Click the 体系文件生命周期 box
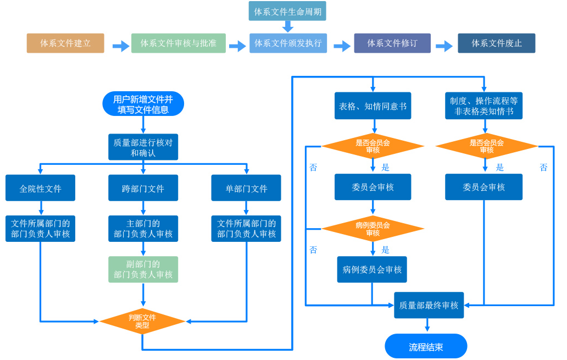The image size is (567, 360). click(287, 11)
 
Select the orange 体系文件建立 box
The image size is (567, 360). click(65, 43)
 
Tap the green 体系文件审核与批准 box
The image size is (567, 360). click(179, 43)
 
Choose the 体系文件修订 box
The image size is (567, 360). click(392, 43)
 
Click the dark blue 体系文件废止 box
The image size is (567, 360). click(497, 43)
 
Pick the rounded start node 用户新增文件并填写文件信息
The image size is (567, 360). click(143, 104)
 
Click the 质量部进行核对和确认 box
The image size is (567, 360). click(143, 147)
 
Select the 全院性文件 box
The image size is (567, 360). click(41, 188)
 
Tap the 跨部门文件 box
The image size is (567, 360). click(143, 188)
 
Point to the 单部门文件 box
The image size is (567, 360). click(246, 188)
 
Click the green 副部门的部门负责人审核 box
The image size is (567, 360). click(143, 269)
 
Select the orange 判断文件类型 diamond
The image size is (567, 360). click(142, 322)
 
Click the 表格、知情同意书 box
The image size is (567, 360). click(373, 106)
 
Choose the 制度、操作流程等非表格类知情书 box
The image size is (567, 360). click(484, 106)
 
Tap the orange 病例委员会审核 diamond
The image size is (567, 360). click(373, 229)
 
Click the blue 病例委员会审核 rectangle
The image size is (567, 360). click(372, 269)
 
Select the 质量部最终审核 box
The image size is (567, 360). click(429, 306)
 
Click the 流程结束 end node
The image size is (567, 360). click(426, 346)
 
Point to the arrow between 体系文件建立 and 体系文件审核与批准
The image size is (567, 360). click(121, 46)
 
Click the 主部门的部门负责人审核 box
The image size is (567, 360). click(143, 229)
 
